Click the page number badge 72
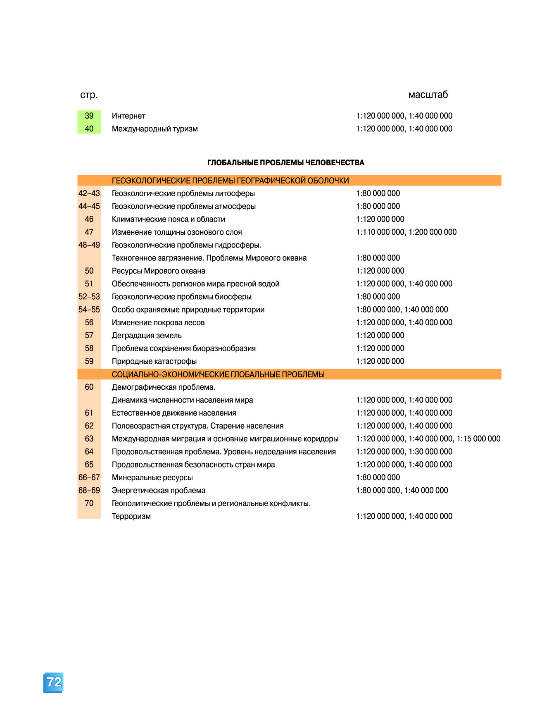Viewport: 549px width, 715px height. [54, 682]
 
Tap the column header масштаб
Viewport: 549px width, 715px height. [428, 95]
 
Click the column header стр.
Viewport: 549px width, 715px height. [89, 95]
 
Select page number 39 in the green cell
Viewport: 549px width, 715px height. [89, 116]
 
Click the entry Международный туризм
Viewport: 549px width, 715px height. [154, 129]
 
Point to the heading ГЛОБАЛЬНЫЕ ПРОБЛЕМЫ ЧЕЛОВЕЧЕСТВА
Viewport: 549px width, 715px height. [285, 163]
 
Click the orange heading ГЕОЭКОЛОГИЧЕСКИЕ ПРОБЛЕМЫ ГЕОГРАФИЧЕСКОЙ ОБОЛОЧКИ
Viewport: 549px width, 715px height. [230, 181]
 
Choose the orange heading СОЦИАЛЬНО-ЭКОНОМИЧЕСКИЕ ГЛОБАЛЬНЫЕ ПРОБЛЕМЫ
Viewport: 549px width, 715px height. [218, 374]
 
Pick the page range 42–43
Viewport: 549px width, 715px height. [89, 193]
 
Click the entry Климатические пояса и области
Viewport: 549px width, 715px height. [168, 219]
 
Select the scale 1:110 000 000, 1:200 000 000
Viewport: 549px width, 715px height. [406, 232]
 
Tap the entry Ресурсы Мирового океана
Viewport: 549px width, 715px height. [158, 271]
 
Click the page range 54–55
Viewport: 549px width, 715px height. [89, 310]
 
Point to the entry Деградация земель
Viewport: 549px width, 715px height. [147, 336]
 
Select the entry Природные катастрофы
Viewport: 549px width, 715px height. [154, 361]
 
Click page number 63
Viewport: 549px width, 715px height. [89, 439]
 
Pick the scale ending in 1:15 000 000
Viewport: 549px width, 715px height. [428, 439]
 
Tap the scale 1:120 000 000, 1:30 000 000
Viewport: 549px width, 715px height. [404, 452]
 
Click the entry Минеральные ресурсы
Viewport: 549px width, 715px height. [152, 478]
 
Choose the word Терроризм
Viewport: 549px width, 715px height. [131, 516]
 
